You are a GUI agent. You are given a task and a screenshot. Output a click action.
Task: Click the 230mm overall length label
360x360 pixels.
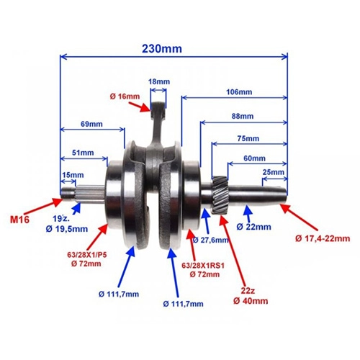[x=162, y=49]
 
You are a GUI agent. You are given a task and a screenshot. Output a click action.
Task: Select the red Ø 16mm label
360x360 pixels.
[x=125, y=96]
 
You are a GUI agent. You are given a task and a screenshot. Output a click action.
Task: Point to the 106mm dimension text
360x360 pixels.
[x=239, y=92]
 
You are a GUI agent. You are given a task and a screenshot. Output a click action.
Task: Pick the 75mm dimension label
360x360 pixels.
[x=248, y=138]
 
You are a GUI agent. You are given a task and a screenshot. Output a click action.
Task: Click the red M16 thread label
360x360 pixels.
[x=19, y=220]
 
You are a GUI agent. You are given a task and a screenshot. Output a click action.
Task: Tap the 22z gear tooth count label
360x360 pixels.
[x=248, y=291]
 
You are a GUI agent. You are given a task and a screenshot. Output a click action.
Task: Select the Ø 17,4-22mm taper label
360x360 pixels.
[x=323, y=238]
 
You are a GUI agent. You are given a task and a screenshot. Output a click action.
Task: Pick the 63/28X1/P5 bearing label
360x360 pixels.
[x=86, y=255]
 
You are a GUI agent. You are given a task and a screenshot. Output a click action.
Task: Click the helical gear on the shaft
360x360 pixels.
[x=220, y=193]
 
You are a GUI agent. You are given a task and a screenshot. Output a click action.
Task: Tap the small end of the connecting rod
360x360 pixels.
[x=158, y=107]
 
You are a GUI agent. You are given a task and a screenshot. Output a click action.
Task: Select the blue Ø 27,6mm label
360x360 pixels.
[x=210, y=240]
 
